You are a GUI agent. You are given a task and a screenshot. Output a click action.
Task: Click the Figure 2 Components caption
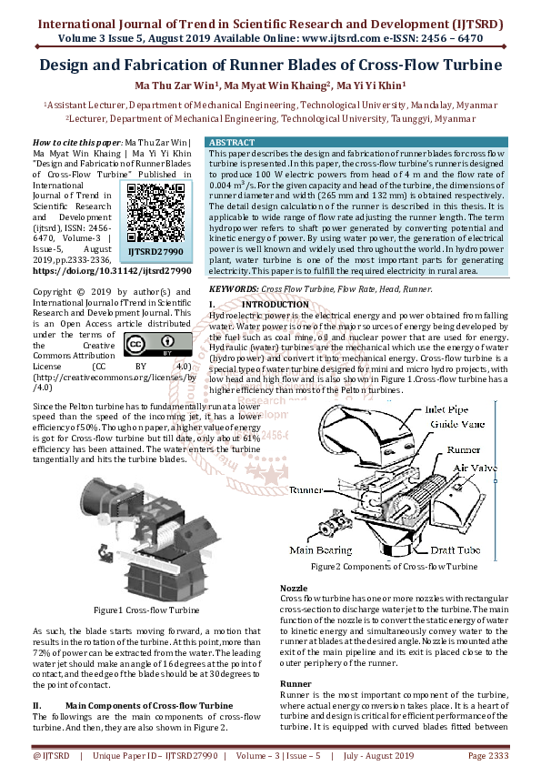(394, 567)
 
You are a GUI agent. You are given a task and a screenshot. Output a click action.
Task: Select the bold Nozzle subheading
(294, 589)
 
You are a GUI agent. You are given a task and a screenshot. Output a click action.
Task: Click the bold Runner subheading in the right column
(296, 683)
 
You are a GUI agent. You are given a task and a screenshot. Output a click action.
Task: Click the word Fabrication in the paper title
(183, 65)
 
